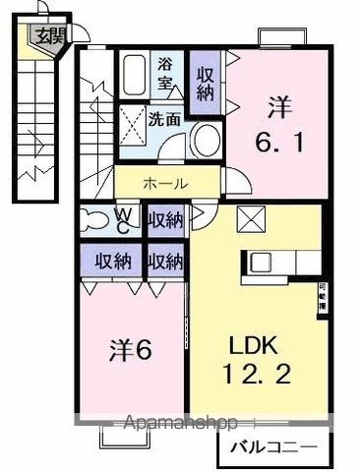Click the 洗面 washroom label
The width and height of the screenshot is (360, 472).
coord(163,120)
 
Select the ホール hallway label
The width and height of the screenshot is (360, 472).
coord(166,182)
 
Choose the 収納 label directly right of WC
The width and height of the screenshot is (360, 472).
coord(164,218)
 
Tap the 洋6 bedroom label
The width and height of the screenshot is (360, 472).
coord(129,351)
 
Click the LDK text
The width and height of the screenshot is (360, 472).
coord(257,346)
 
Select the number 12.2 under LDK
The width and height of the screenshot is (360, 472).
coord(257,377)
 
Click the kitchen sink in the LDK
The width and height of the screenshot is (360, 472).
coord(261,263)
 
